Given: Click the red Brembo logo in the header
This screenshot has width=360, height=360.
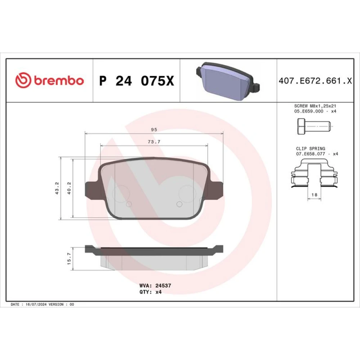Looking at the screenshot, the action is (49, 80).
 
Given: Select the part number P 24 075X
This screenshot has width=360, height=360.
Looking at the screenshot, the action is (136, 81).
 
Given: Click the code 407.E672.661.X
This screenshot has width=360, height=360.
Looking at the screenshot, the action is (315, 81).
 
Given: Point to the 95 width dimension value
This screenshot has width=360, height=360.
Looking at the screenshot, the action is (154, 130).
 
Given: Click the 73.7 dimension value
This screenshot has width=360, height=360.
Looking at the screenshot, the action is (154, 142).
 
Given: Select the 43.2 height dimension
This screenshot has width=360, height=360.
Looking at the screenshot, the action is (57, 188).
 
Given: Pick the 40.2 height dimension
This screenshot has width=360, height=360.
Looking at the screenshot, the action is (69, 188).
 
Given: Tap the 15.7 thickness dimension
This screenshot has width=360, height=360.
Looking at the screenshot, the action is (69, 258).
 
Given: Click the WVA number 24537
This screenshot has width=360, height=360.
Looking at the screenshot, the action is (163, 285).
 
